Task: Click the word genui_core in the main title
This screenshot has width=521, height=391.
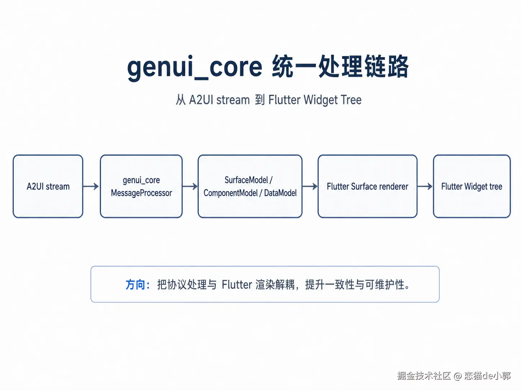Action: [195, 68]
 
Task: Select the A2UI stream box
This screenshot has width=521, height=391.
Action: [48, 186]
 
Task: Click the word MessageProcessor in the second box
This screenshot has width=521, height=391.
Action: [141, 193]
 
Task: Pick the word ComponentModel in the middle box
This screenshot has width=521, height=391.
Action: [231, 193]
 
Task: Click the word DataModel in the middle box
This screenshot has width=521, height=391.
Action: [280, 193]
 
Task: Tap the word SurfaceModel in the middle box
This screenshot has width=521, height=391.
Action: [246, 180]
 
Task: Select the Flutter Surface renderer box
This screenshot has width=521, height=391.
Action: [367, 186]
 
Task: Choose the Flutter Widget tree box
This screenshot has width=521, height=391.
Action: [472, 186]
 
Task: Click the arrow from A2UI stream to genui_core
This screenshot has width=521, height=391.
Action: [91, 186]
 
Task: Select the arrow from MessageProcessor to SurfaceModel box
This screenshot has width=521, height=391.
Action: [190, 186]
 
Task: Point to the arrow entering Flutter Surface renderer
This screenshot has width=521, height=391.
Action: [310, 186]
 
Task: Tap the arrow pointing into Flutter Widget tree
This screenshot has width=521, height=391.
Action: [425, 186]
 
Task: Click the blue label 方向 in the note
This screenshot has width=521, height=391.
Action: [135, 285]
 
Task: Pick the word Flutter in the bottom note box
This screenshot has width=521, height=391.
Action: [237, 285]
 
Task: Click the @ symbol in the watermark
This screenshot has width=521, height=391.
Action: [457, 376]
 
